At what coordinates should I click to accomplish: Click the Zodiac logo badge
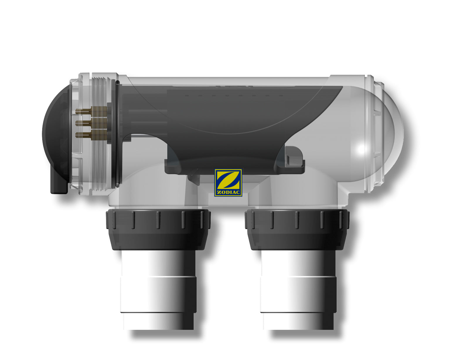click(228, 182)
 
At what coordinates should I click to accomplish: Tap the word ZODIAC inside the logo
click(228, 192)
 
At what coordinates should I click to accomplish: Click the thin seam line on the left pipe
click(158, 277)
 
